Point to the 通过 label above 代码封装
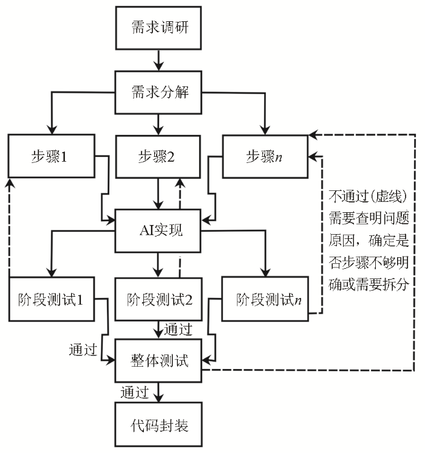coord(135,392)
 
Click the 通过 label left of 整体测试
coord(83,351)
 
